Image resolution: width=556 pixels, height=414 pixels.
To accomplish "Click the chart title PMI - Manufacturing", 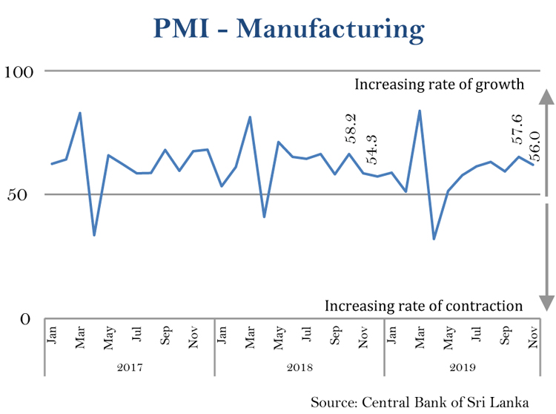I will click(x=289, y=29).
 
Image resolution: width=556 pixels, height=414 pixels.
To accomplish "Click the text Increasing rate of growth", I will click(x=440, y=84).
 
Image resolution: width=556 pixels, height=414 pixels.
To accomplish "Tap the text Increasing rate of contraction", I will click(x=424, y=306).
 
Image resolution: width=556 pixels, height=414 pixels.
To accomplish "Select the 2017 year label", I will click(x=130, y=367).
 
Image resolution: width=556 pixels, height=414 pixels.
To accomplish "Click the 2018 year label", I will click(x=299, y=367).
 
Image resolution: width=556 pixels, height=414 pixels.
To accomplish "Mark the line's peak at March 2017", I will click(x=80, y=113).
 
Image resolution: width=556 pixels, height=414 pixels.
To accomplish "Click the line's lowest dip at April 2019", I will click(x=434, y=239).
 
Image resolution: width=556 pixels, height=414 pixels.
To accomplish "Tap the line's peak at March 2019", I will click(x=420, y=111).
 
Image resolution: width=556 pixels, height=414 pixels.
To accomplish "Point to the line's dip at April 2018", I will click(x=264, y=217).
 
